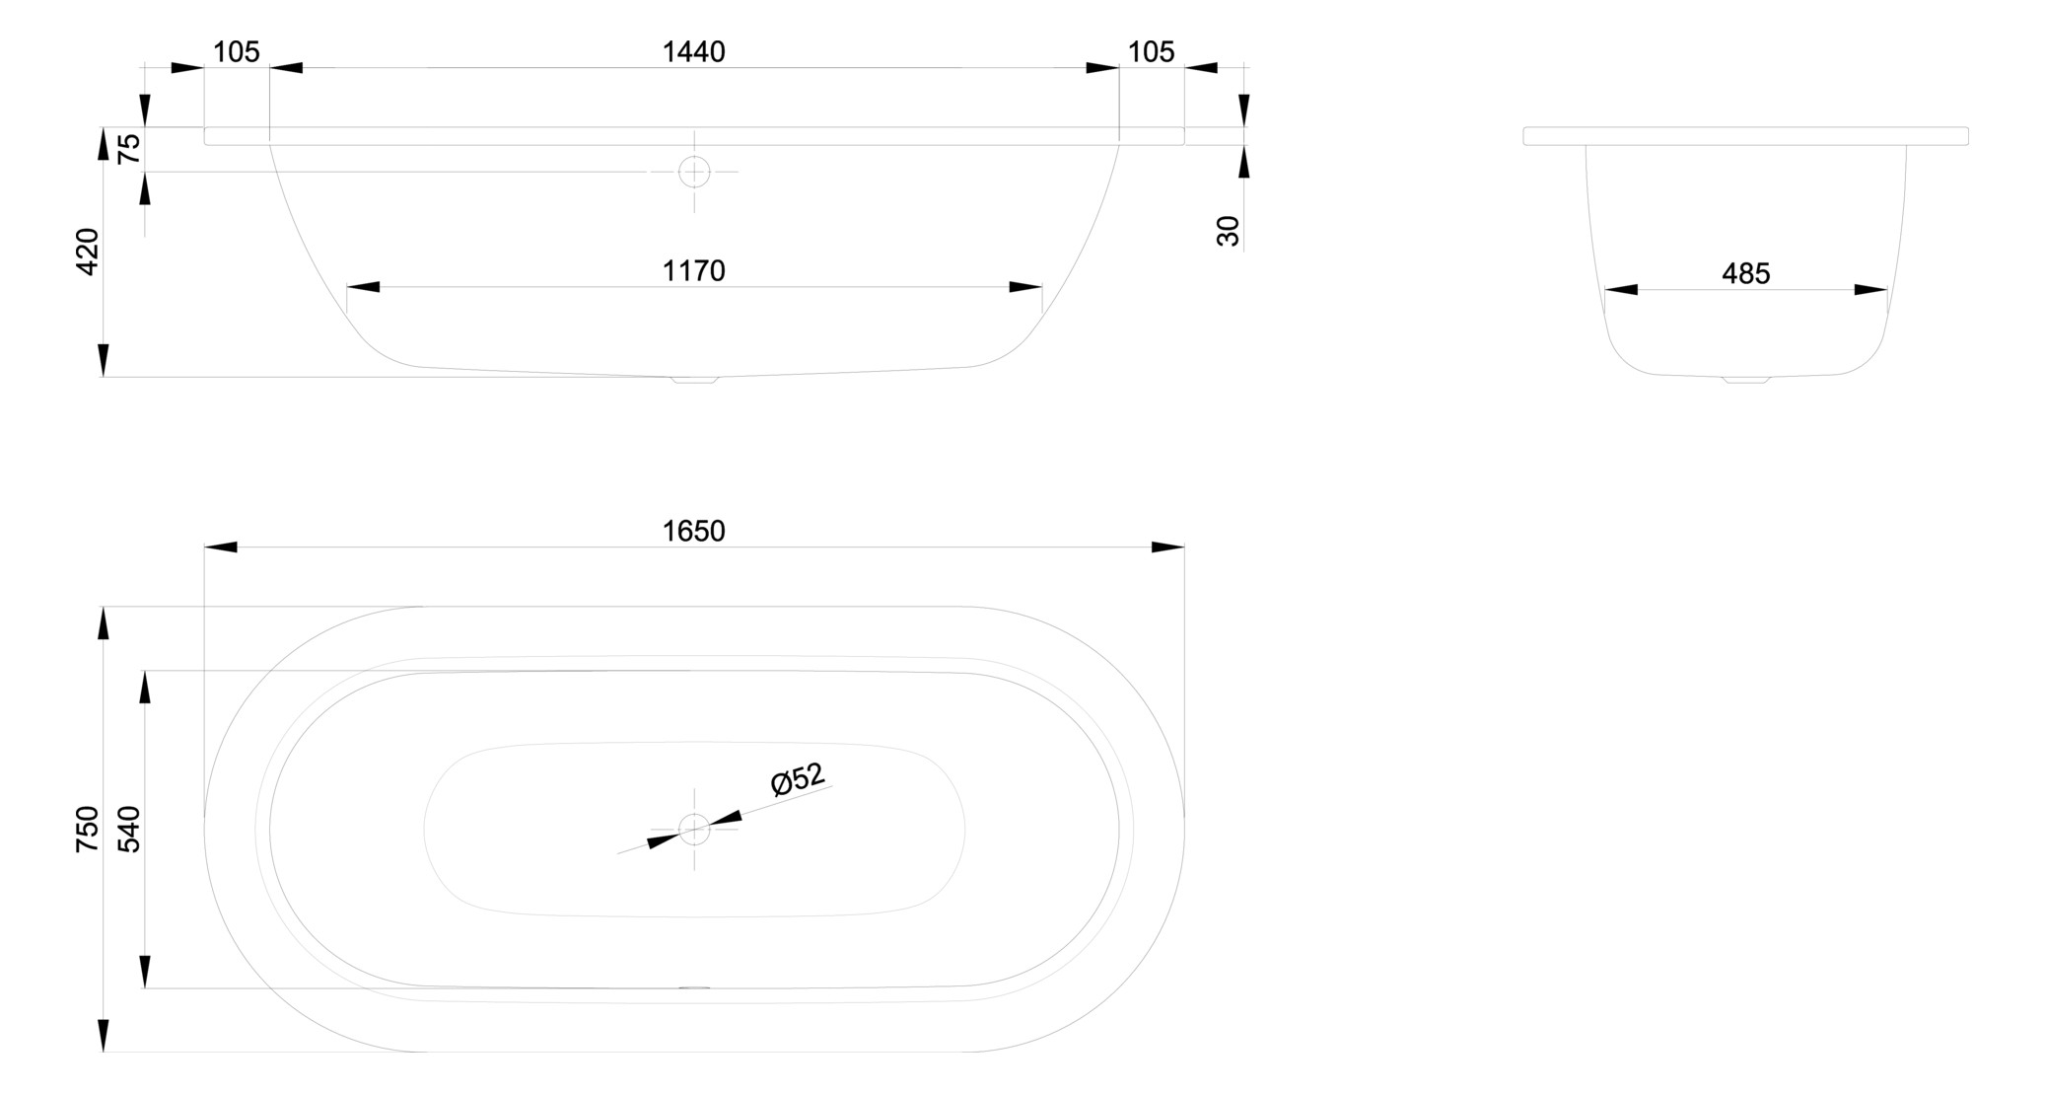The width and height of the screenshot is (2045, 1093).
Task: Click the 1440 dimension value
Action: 693,51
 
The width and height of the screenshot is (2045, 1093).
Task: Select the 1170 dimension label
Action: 693,270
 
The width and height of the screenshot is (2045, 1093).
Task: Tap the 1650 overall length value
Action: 693,531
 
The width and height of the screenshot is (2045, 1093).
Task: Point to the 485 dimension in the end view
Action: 1745,273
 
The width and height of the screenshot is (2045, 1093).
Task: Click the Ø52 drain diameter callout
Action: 798,778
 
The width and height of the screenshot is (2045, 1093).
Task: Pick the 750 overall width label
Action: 88,829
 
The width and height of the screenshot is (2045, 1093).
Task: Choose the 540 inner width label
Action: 129,829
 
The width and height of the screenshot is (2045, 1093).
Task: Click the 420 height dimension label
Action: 88,252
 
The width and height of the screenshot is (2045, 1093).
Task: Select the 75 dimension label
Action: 129,149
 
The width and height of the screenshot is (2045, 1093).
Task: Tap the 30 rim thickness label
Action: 1228,231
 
